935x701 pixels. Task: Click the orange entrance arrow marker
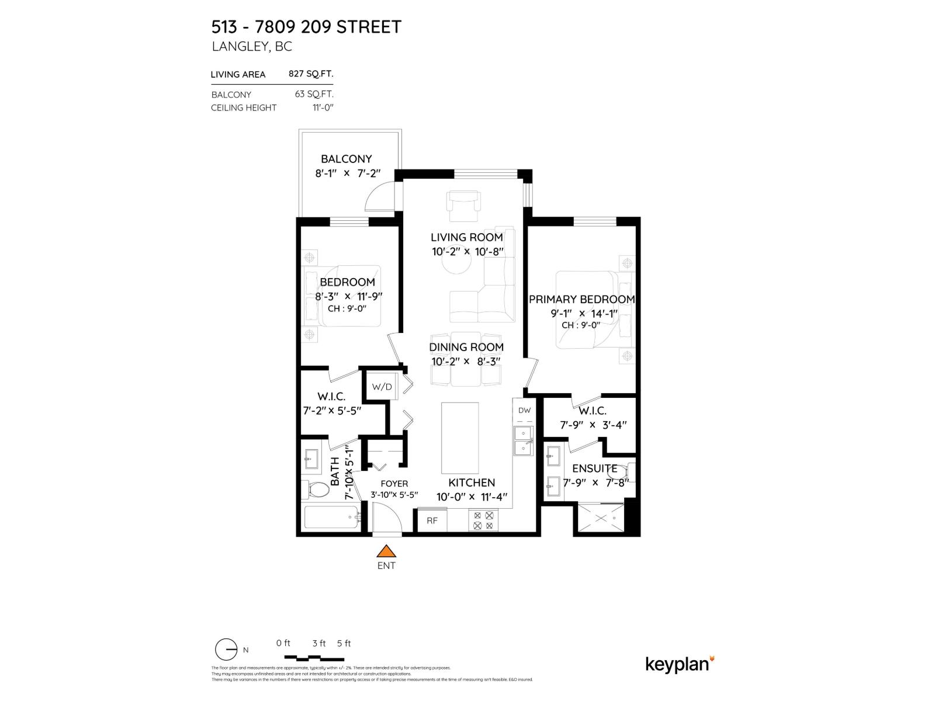[x=386, y=551]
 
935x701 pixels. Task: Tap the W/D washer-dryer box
[x=382, y=387]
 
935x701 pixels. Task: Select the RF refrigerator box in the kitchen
[x=432, y=520]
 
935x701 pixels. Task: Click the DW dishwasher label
[x=524, y=411]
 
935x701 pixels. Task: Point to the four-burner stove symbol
[x=484, y=520]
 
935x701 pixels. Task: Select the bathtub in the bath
[x=331, y=518]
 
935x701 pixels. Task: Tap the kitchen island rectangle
[x=459, y=438]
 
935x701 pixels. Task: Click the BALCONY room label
[x=346, y=159]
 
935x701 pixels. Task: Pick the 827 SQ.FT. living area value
[x=310, y=74]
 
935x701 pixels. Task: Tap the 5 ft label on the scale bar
[x=344, y=643]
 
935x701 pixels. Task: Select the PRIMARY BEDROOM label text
[x=581, y=299]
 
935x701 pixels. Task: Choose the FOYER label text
[x=394, y=484]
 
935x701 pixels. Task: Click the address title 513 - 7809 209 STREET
[x=306, y=27]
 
